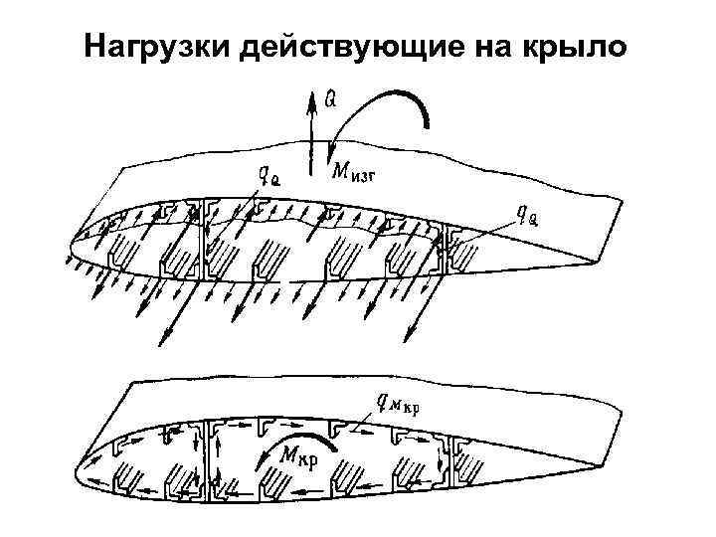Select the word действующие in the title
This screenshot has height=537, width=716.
point(324,47)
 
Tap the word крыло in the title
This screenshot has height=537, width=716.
point(577,47)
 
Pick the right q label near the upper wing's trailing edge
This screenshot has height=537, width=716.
point(527,215)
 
